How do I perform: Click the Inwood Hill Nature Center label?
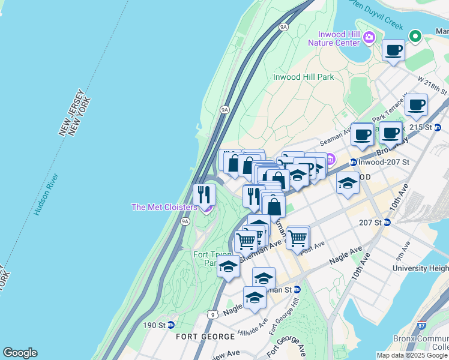pyautogui.click(x=334, y=38)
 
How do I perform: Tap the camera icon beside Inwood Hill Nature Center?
pyautogui.click(x=369, y=37)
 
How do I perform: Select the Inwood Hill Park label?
pyautogui.click(x=303, y=77)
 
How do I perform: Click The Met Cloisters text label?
pyautogui.click(x=164, y=208)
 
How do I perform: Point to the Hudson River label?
pyautogui.click(x=46, y=194)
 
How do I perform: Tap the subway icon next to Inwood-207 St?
pyautogui.click(x=354, y=162)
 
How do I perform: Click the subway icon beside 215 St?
pyautogui.click(x=438, y=127)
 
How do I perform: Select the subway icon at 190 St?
pyautogui.click(x=170, y=325)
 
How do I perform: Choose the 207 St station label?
pyautogui.click(x=370, y=223)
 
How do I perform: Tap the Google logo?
pyautogui.click(x=20, y=353)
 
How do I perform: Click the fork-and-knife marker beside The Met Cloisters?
pyautogui.click(x=204, y=194)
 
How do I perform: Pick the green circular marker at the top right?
pyautogui.click(x=415, y=36)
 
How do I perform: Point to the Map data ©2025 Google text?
pyautogui.click(x=412, y=355)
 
